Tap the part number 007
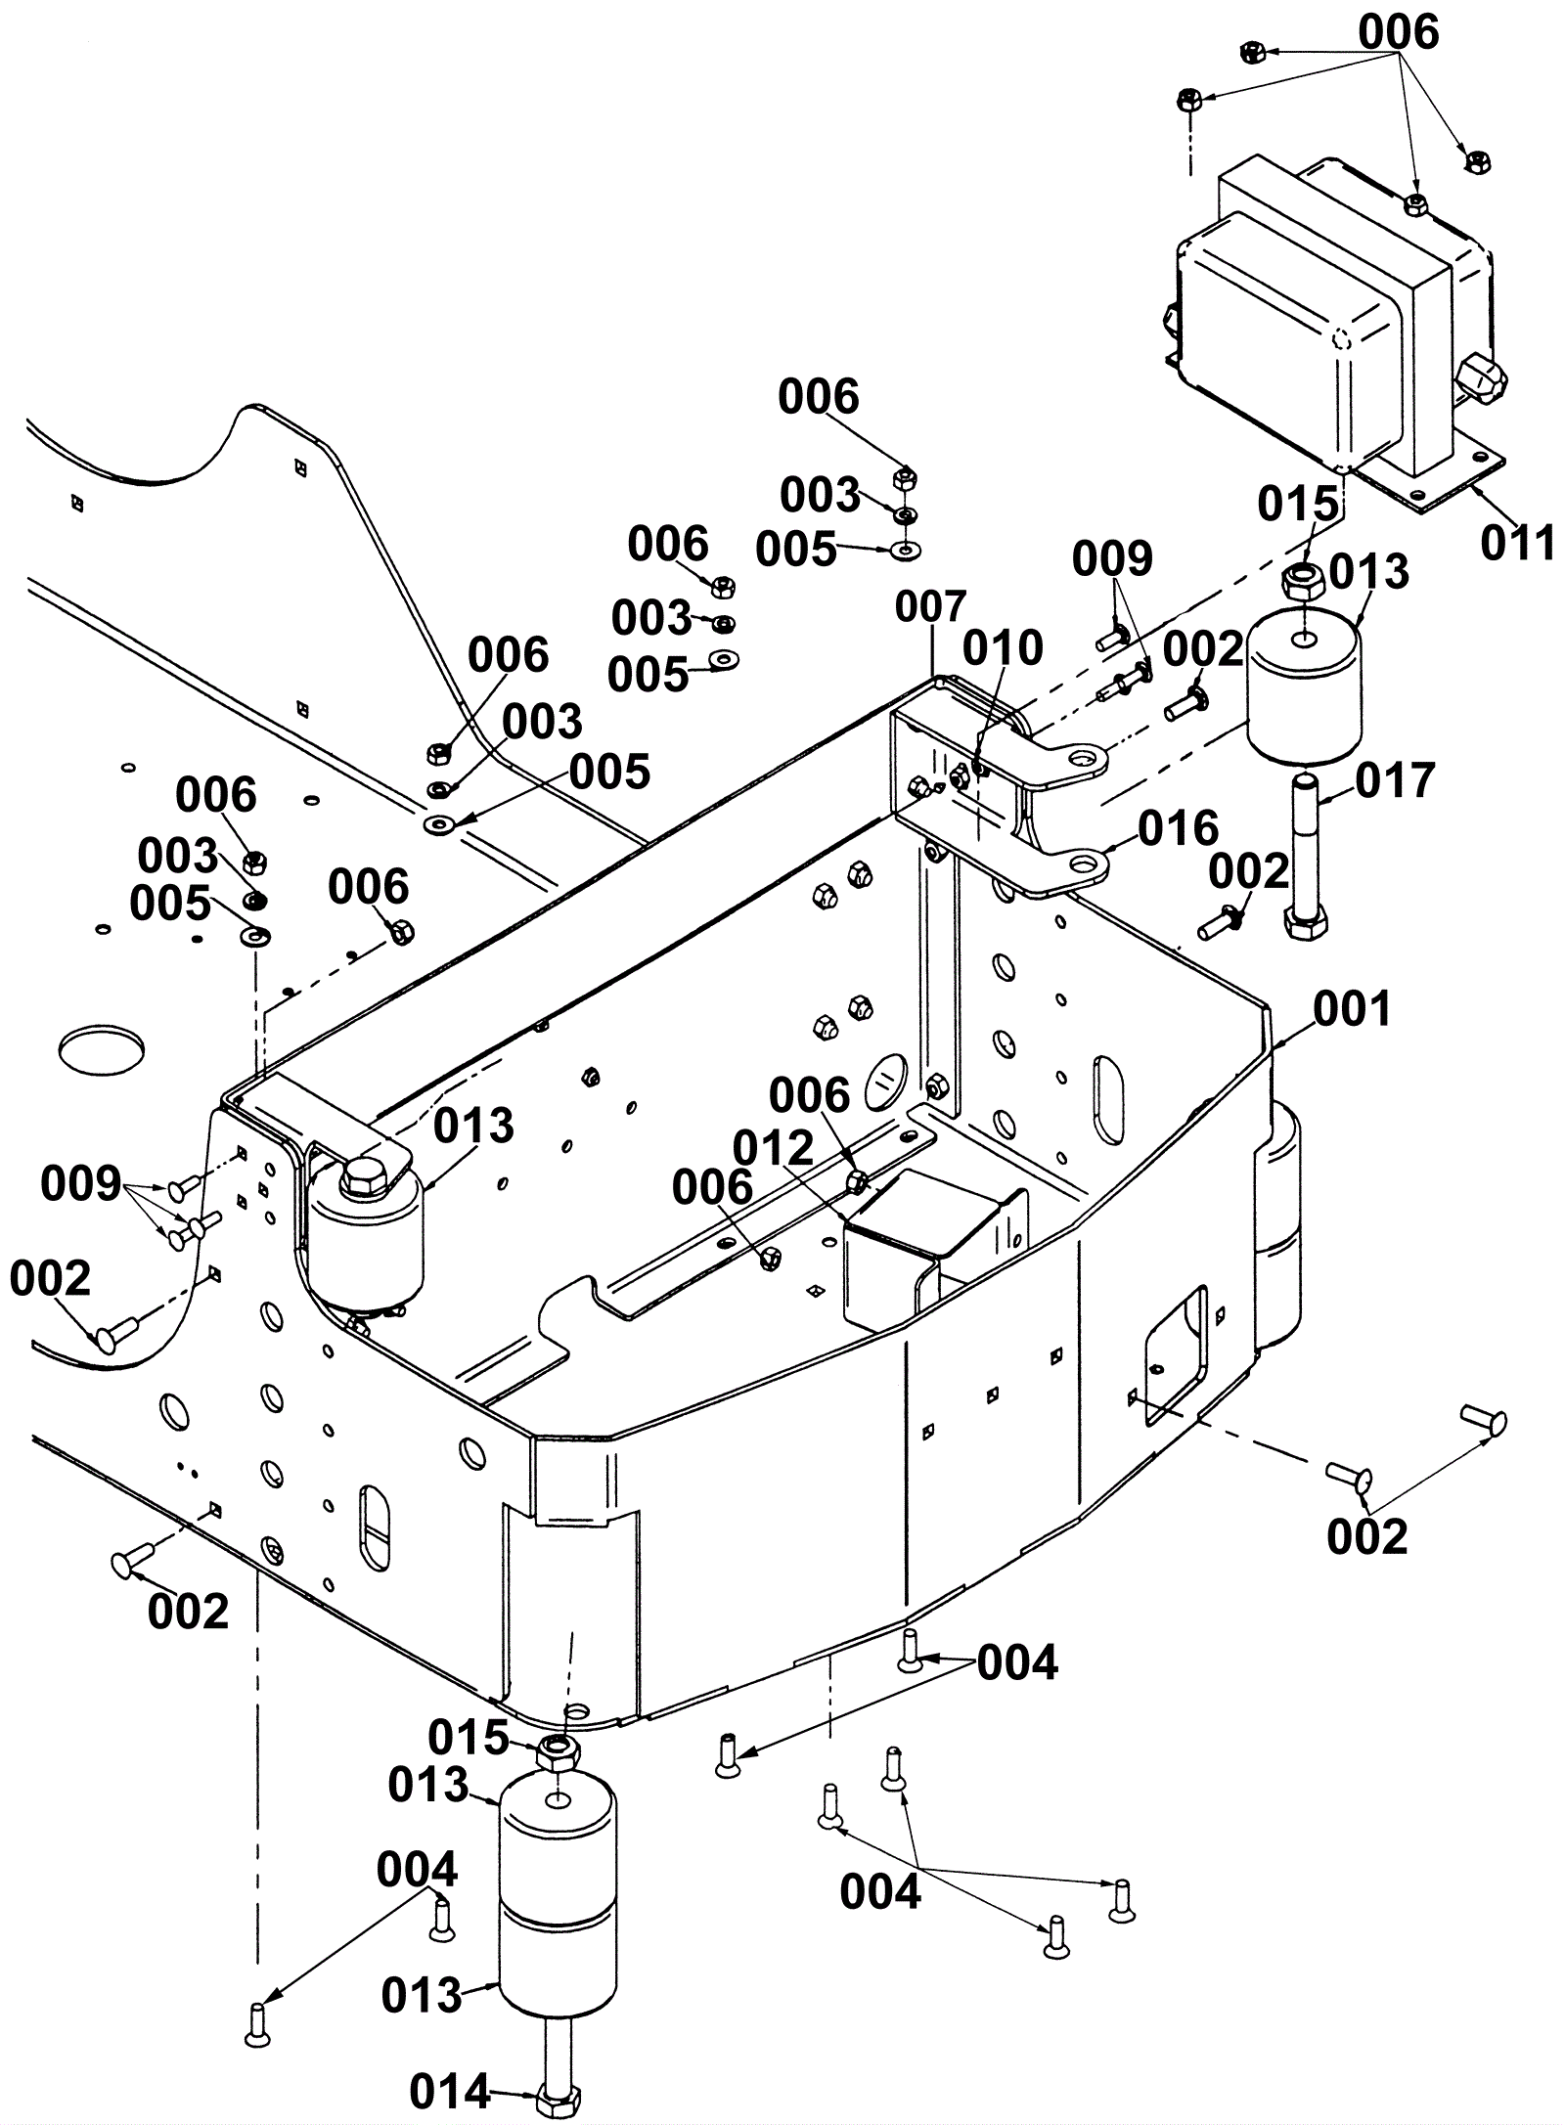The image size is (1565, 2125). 931,606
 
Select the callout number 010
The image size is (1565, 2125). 1003,647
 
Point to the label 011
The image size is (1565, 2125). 1517,543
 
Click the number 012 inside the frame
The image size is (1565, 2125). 773,1148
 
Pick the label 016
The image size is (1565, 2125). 1179,828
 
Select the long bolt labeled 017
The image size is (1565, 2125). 1305,856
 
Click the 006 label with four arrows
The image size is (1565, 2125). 1398,32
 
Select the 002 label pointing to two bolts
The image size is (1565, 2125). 1366,1536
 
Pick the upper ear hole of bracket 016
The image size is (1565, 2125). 1082,758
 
